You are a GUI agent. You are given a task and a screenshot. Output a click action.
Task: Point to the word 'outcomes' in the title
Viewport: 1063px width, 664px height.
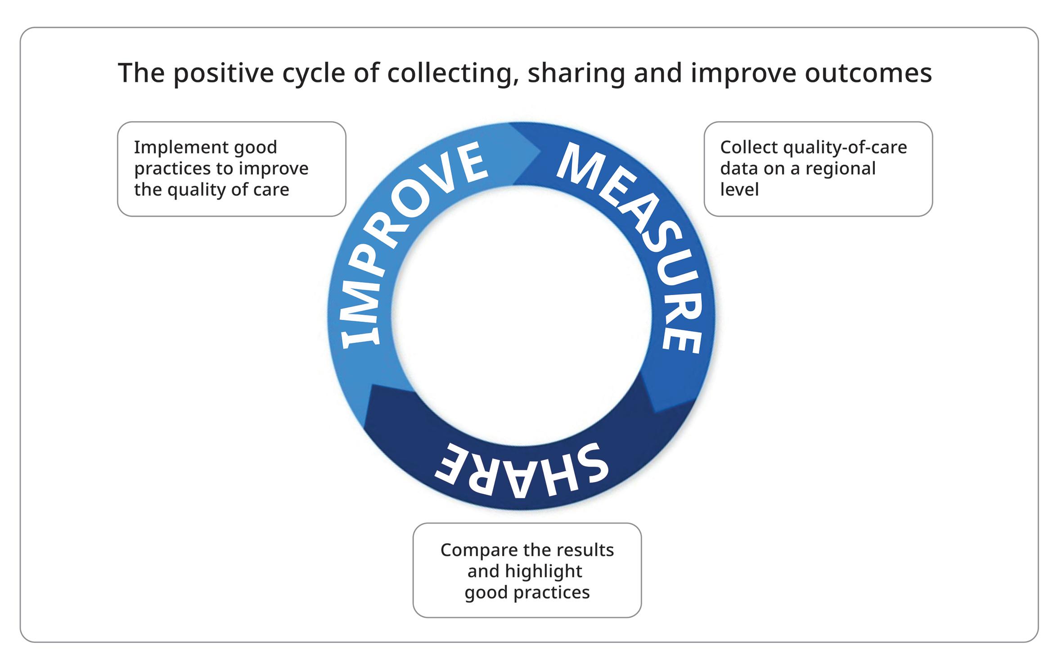click(868, 73)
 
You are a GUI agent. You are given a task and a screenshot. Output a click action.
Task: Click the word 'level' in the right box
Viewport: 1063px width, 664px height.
click(739, 189)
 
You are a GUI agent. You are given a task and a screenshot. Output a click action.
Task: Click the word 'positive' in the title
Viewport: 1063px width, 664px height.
click(223, 73)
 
